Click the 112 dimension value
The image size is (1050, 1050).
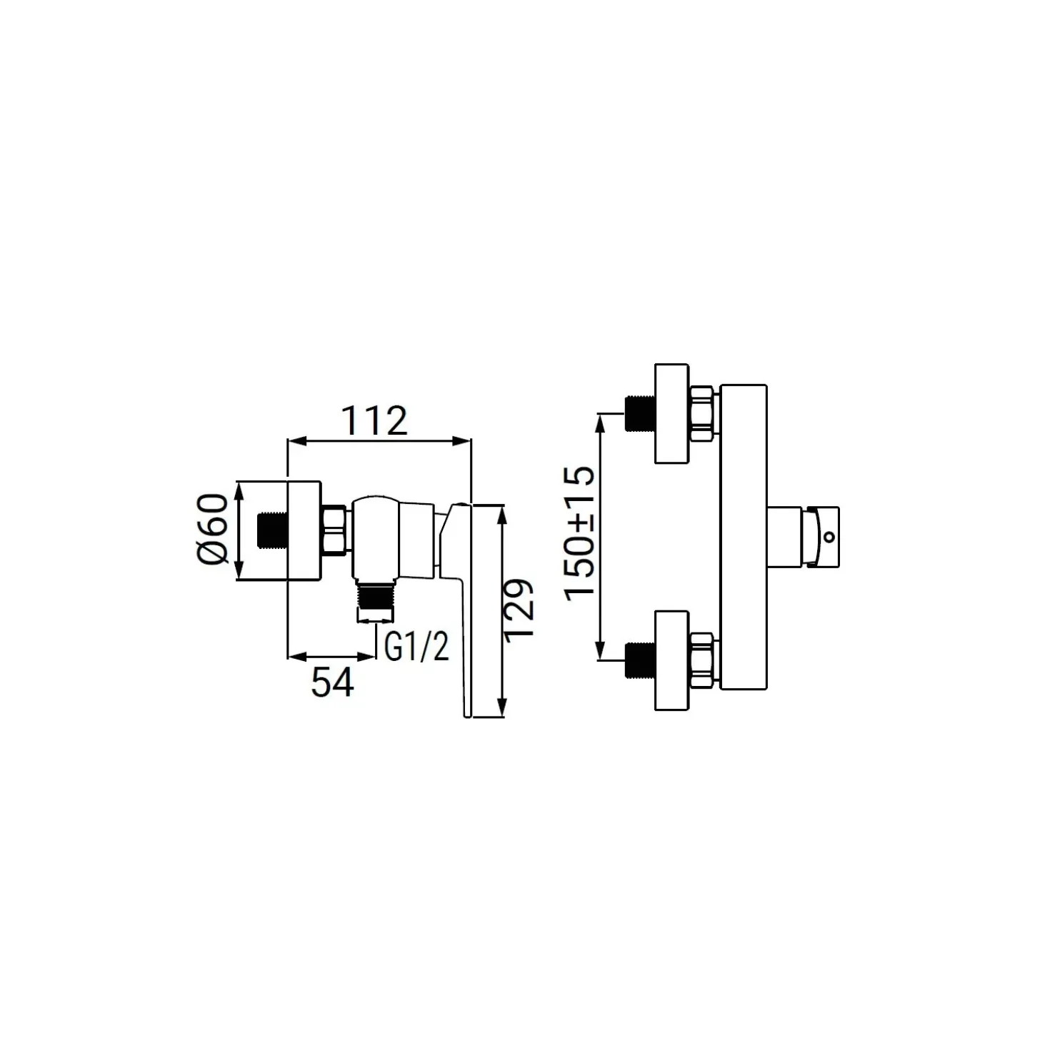(374, 420)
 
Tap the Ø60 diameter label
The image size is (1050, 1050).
(211, 529)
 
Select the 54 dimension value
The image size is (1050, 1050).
(332, 682)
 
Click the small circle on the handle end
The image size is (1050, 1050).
(829, 537)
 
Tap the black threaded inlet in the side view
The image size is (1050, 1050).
(272, 530)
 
